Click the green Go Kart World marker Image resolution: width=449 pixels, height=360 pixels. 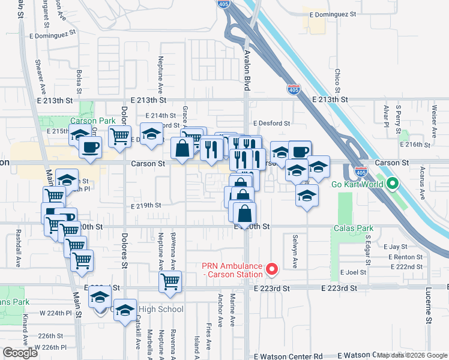coord(393,184)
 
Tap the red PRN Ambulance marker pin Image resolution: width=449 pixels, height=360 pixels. coord(271,269)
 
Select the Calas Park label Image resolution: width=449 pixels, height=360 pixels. coord(354,229)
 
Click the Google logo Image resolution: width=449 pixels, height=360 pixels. coord(20,353)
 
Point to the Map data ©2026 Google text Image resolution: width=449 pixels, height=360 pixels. coord(412,355)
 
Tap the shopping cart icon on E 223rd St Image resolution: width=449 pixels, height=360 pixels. coord(170,281)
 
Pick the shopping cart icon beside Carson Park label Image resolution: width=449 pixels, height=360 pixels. coord(120,136)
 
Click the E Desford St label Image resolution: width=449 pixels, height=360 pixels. coord(271,124)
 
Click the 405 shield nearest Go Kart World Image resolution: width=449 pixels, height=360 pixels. coord(360,171)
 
